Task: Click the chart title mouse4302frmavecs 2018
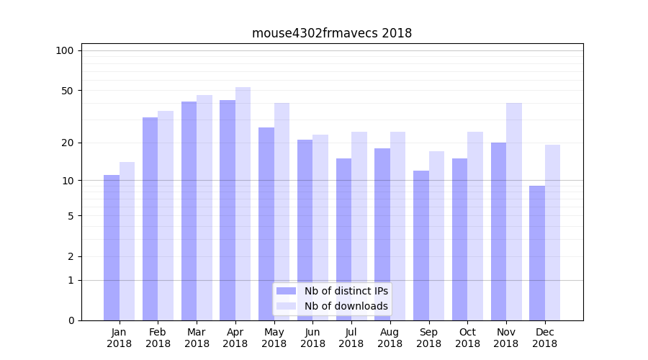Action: pos(332,33)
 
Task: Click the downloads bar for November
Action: pos(514,212)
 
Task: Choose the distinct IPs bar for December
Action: pos(537,253)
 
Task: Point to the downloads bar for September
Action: pos(436,235)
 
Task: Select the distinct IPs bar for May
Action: pos(266,224)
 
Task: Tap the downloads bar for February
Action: pos(166,215)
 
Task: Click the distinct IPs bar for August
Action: pos(382,234)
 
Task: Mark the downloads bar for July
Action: pos(359,226)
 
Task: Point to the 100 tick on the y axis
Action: pos(65,50)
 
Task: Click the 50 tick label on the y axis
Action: pos(67,91)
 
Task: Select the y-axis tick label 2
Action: pos(71,256)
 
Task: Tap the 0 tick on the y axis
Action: pos(71,320)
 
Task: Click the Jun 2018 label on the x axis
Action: pos(312,338)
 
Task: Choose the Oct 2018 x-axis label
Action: pos(467,338)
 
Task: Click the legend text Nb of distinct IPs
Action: pos(346,291)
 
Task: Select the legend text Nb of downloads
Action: pos(346,306)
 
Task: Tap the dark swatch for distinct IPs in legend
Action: pos(286,291)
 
